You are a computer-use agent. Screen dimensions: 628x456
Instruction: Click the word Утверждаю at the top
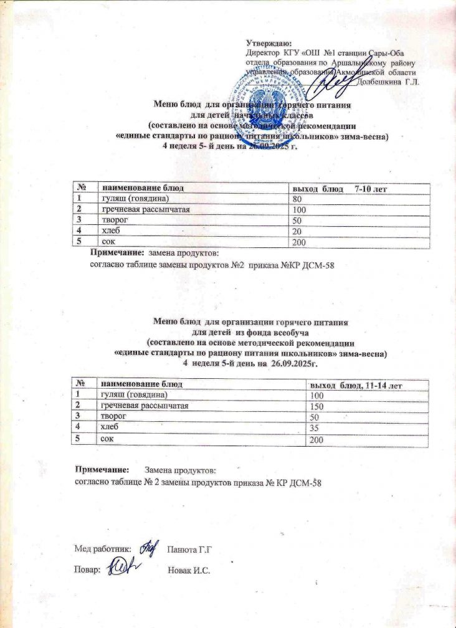pyautogui.click(x=267, y=43)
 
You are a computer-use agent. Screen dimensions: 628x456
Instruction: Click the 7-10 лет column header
pyautogui.click(x=371, y=188)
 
